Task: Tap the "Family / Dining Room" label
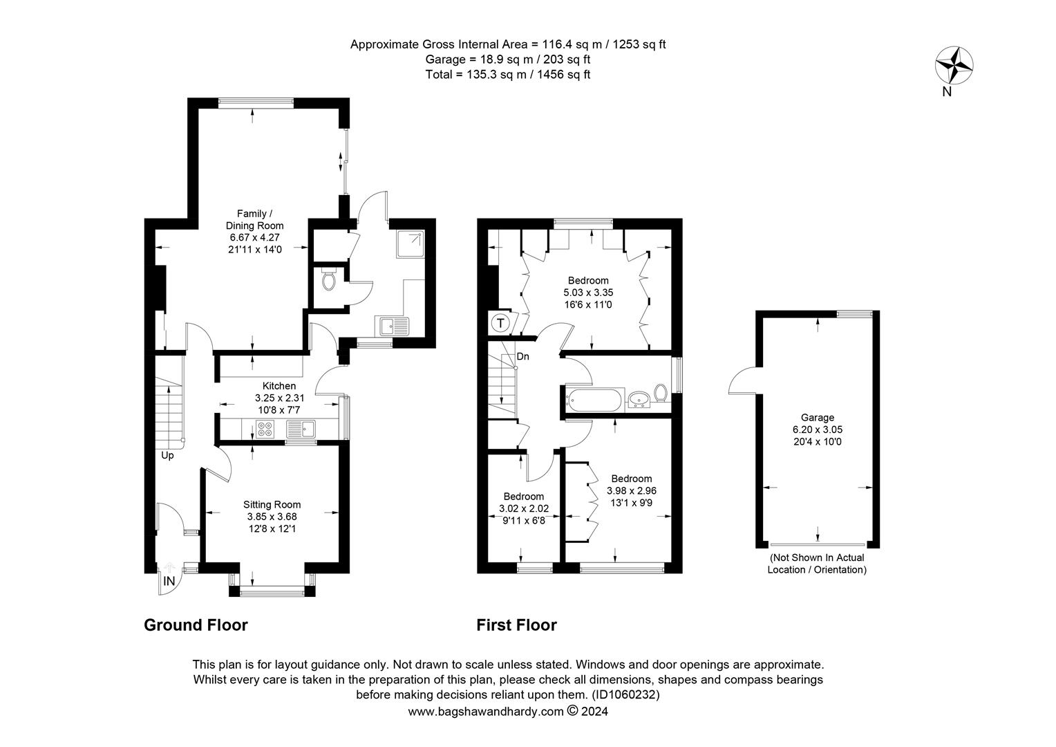pyautogui.click(x=254, y=219)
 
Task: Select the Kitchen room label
pyautogui.click(x=279, y=385)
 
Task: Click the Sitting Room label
pyautogui.click(x=272, y=504)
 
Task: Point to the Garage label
pyautogui.click(x=818, y=417)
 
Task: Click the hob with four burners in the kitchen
pyautogui.click(x=265, y=428)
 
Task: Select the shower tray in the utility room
pyautogui.click(x=410, y=243)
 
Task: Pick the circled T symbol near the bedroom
pyautogui.click(x=500, y=323)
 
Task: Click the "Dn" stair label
pyautogui.click(x=522, y=356)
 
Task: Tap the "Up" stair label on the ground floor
pyautogui.click(x=167, y=455)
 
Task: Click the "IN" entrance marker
pyautogui.click(x=169, y=581)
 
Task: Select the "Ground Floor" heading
pyautogui.click(x=196, y=625)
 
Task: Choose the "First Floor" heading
pyautogui.click(x=516, y=625)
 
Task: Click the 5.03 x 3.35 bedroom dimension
pyautogui.click(x=588, y=293)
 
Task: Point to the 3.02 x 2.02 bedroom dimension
pyautogui.click(x=524, y=508)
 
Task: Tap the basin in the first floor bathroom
pyautogui.click(x=639, y=400)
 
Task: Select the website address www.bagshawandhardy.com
pyautogui.click(x=486, y=712)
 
